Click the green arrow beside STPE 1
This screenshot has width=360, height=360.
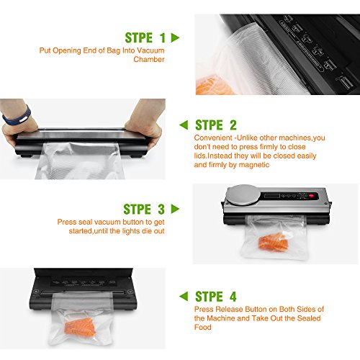click(175, 37)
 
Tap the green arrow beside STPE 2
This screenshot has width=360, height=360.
click(184, 125)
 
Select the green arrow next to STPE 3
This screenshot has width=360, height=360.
click(175, 209)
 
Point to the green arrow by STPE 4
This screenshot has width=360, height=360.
click(184, 296)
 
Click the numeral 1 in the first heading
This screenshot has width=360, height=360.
click(163, 37)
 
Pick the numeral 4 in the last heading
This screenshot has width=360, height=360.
click(233, 296)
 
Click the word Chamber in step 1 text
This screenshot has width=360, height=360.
click(149, 59)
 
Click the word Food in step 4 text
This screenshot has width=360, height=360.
click(203, 327)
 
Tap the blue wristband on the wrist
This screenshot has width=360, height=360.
click(17, 116)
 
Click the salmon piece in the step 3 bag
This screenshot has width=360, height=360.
click(273, 241)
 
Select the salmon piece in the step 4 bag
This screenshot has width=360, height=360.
click(80, 327)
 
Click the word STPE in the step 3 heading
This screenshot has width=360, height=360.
click(138, 209)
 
